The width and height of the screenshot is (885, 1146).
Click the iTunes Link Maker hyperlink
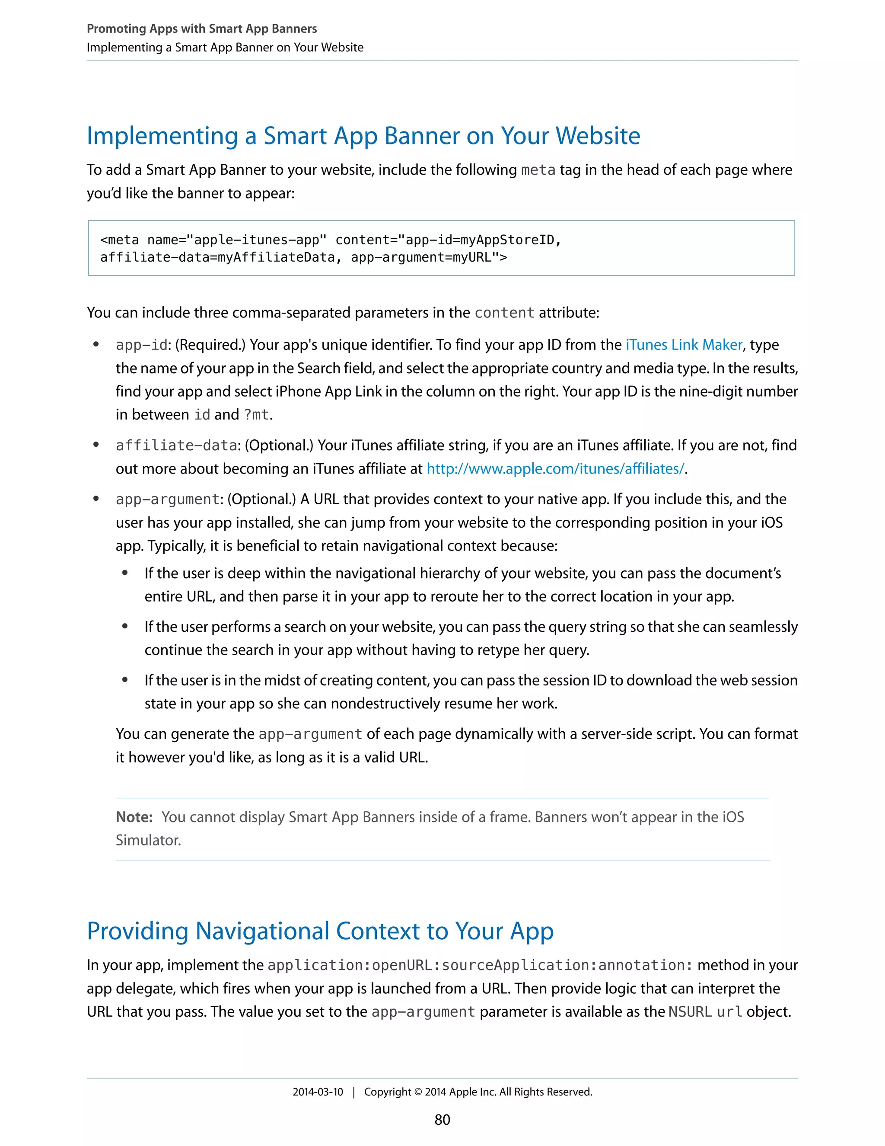point(684,345)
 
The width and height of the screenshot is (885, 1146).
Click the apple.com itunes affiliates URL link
point(555,469)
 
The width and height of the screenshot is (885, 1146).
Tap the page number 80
point(442,1120)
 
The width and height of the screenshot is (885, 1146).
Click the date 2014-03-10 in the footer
point(318,1092)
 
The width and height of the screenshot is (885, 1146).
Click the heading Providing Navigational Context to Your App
point(320,932)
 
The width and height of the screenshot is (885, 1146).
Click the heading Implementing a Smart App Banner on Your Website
point(363,136)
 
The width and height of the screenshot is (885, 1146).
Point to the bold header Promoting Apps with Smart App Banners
point(201,29)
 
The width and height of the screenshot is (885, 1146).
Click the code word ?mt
point(256,415)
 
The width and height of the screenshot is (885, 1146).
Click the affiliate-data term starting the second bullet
point(177,445)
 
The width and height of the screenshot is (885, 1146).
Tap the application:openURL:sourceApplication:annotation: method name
point(480,966)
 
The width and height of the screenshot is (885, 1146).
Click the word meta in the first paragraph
point(538,170)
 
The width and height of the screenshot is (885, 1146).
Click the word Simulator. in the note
point(148,840)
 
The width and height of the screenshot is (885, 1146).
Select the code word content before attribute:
point(504,313)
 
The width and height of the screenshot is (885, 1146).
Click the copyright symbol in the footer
point(418,1092)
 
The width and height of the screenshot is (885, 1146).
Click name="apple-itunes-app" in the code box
point(237,240)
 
